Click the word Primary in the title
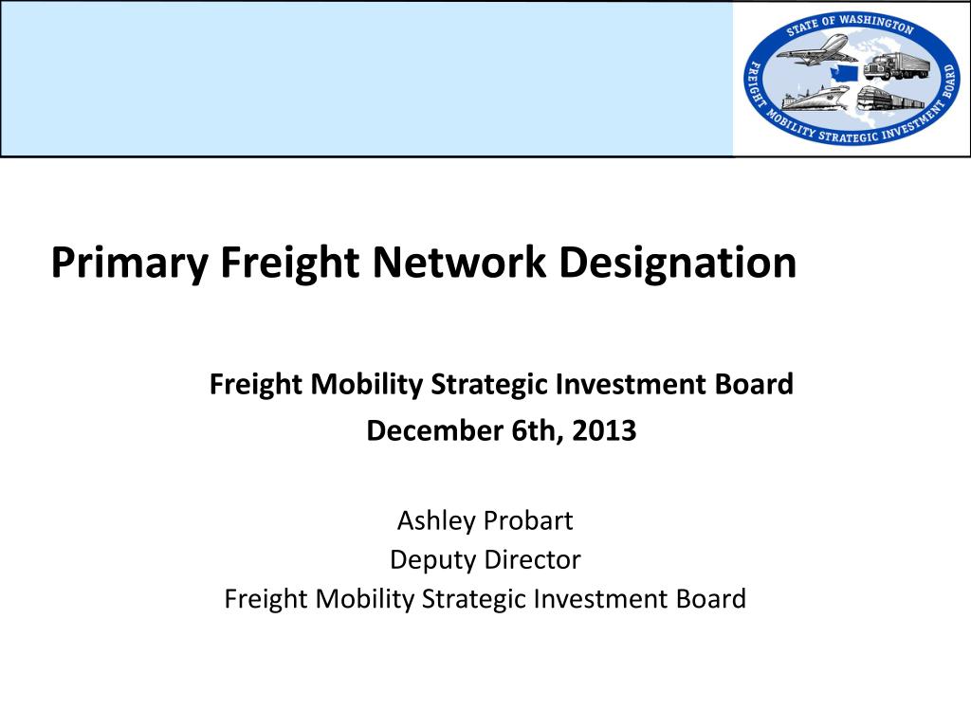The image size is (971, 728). tap(129, 264)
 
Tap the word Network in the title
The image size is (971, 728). tap(459, 262)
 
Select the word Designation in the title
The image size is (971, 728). tap(677, 264)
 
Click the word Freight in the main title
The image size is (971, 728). tap(290, 264)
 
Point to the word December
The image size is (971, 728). tap(434, 430)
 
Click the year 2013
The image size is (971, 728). tap(604, 430)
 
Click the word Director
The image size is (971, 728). tap(533, 559)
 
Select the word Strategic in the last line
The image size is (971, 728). tap(473, 599)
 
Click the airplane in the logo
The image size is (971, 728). tap(816, 49)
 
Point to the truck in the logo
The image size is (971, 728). tap(897, 65)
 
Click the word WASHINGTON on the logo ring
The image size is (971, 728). tap(877, 24)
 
